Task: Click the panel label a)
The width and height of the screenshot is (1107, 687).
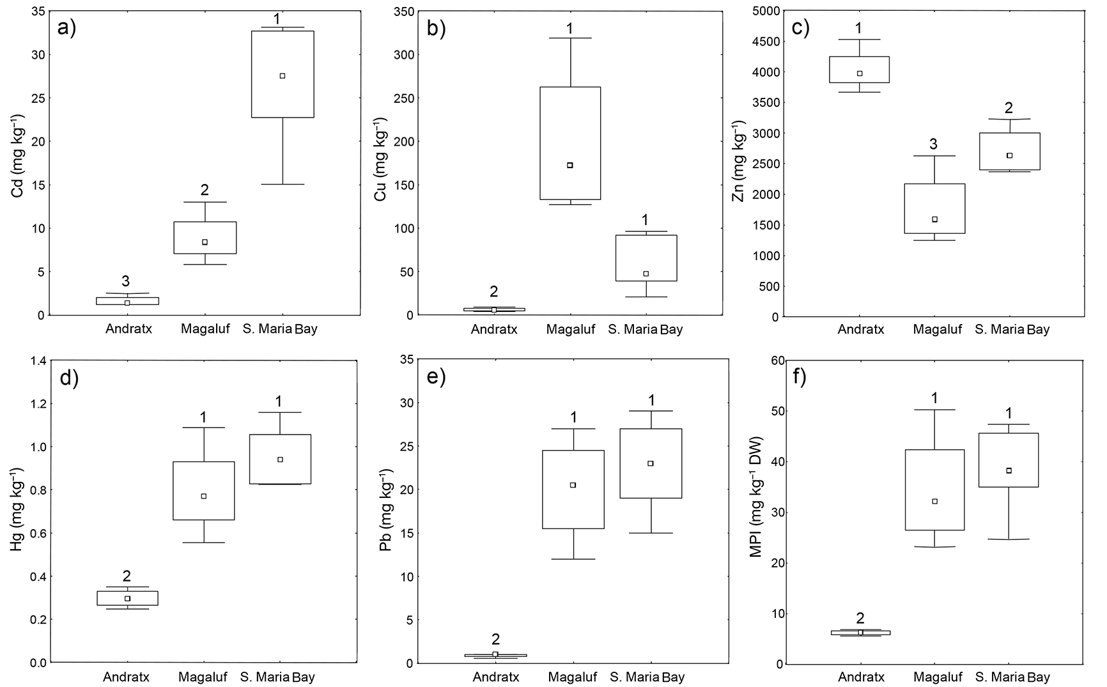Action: click(66, 28)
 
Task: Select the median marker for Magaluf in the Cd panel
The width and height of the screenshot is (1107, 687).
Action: click(205, 242)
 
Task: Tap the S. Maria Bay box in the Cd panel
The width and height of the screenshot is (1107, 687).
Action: click(282, 74)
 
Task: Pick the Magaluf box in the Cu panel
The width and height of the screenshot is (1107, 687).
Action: click(570, 143)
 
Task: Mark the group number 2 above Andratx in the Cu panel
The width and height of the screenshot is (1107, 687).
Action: click(493, 292)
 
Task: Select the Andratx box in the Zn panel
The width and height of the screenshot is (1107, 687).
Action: click(859, 70)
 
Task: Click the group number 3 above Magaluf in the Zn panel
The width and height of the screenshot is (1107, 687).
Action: click(933, 144)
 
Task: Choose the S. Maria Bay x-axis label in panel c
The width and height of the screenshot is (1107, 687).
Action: click(1012, 330)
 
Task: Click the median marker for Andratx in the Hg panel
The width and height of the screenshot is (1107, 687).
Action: click(127, 598)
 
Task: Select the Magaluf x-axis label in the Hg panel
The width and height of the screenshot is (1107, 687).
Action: click(203, 677)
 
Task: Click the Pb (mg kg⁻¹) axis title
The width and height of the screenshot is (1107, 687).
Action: click(385, 511)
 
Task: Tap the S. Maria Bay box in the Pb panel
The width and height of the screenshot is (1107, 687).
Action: click(651, 463)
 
